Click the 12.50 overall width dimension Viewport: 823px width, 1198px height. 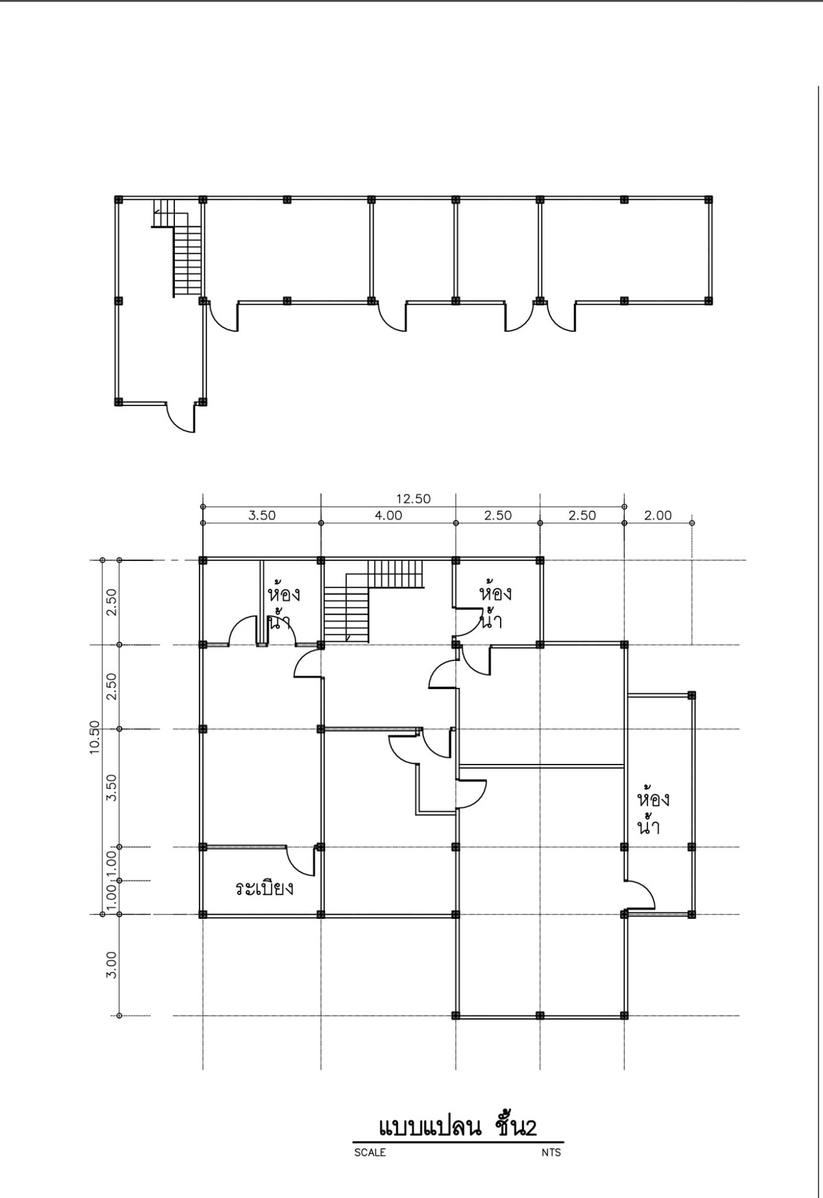point(413,499)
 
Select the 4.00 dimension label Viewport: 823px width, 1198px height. point(388,516)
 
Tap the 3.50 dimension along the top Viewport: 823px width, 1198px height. point(261,516)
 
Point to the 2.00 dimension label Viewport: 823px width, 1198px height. point(658,516)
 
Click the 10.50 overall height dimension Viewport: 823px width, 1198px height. point(95,736)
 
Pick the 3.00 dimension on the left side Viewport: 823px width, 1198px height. point(112,964)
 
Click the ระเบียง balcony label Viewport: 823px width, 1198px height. point(264,889)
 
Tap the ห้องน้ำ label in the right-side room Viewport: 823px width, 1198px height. point(653,813)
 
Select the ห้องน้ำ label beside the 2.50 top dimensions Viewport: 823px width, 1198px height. point(495,606)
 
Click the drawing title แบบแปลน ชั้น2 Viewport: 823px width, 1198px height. point(457,1127)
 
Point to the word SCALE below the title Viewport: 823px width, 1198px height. point(370,1153)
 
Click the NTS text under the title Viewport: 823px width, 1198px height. point(551,1153)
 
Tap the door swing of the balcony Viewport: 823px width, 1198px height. point(300,860)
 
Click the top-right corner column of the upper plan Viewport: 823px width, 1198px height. point(708,200)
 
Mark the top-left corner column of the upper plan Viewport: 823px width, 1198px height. point(119,200)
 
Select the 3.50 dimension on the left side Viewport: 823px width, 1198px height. point(112,787)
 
